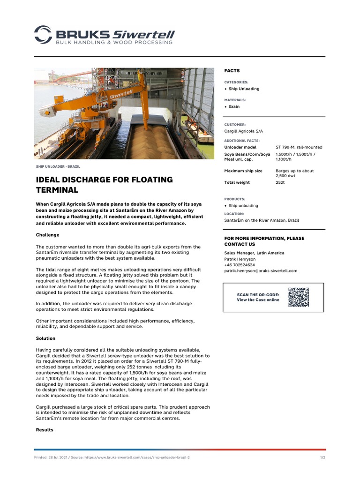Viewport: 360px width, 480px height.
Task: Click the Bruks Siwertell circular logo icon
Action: tap(43, 35)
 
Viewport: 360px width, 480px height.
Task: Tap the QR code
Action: tap(298, 297)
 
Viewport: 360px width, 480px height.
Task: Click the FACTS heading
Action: tap(232, 71)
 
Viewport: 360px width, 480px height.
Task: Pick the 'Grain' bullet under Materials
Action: tap(234, 106)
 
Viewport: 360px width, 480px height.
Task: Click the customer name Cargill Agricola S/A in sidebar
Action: tap(243, 131)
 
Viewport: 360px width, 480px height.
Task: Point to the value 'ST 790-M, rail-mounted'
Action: tap(299, 147)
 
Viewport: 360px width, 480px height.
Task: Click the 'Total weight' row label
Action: tap(237, 182)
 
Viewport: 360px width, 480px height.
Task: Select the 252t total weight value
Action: tap(280, 182)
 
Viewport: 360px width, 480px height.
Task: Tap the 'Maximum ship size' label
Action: tap(243, 171)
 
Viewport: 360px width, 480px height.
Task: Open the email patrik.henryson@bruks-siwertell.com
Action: tap(261, 270)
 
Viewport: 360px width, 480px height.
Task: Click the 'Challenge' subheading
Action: tap(48, 235)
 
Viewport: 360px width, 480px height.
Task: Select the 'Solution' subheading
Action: tap(45, 338)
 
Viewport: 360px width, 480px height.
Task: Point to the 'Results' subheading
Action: tap(45, 430)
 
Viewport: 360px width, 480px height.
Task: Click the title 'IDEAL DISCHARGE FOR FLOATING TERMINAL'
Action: tap(104, 185)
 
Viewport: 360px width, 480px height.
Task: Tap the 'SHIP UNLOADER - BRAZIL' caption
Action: tap(58, 166)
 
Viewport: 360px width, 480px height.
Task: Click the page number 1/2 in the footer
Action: tap(322, 457)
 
